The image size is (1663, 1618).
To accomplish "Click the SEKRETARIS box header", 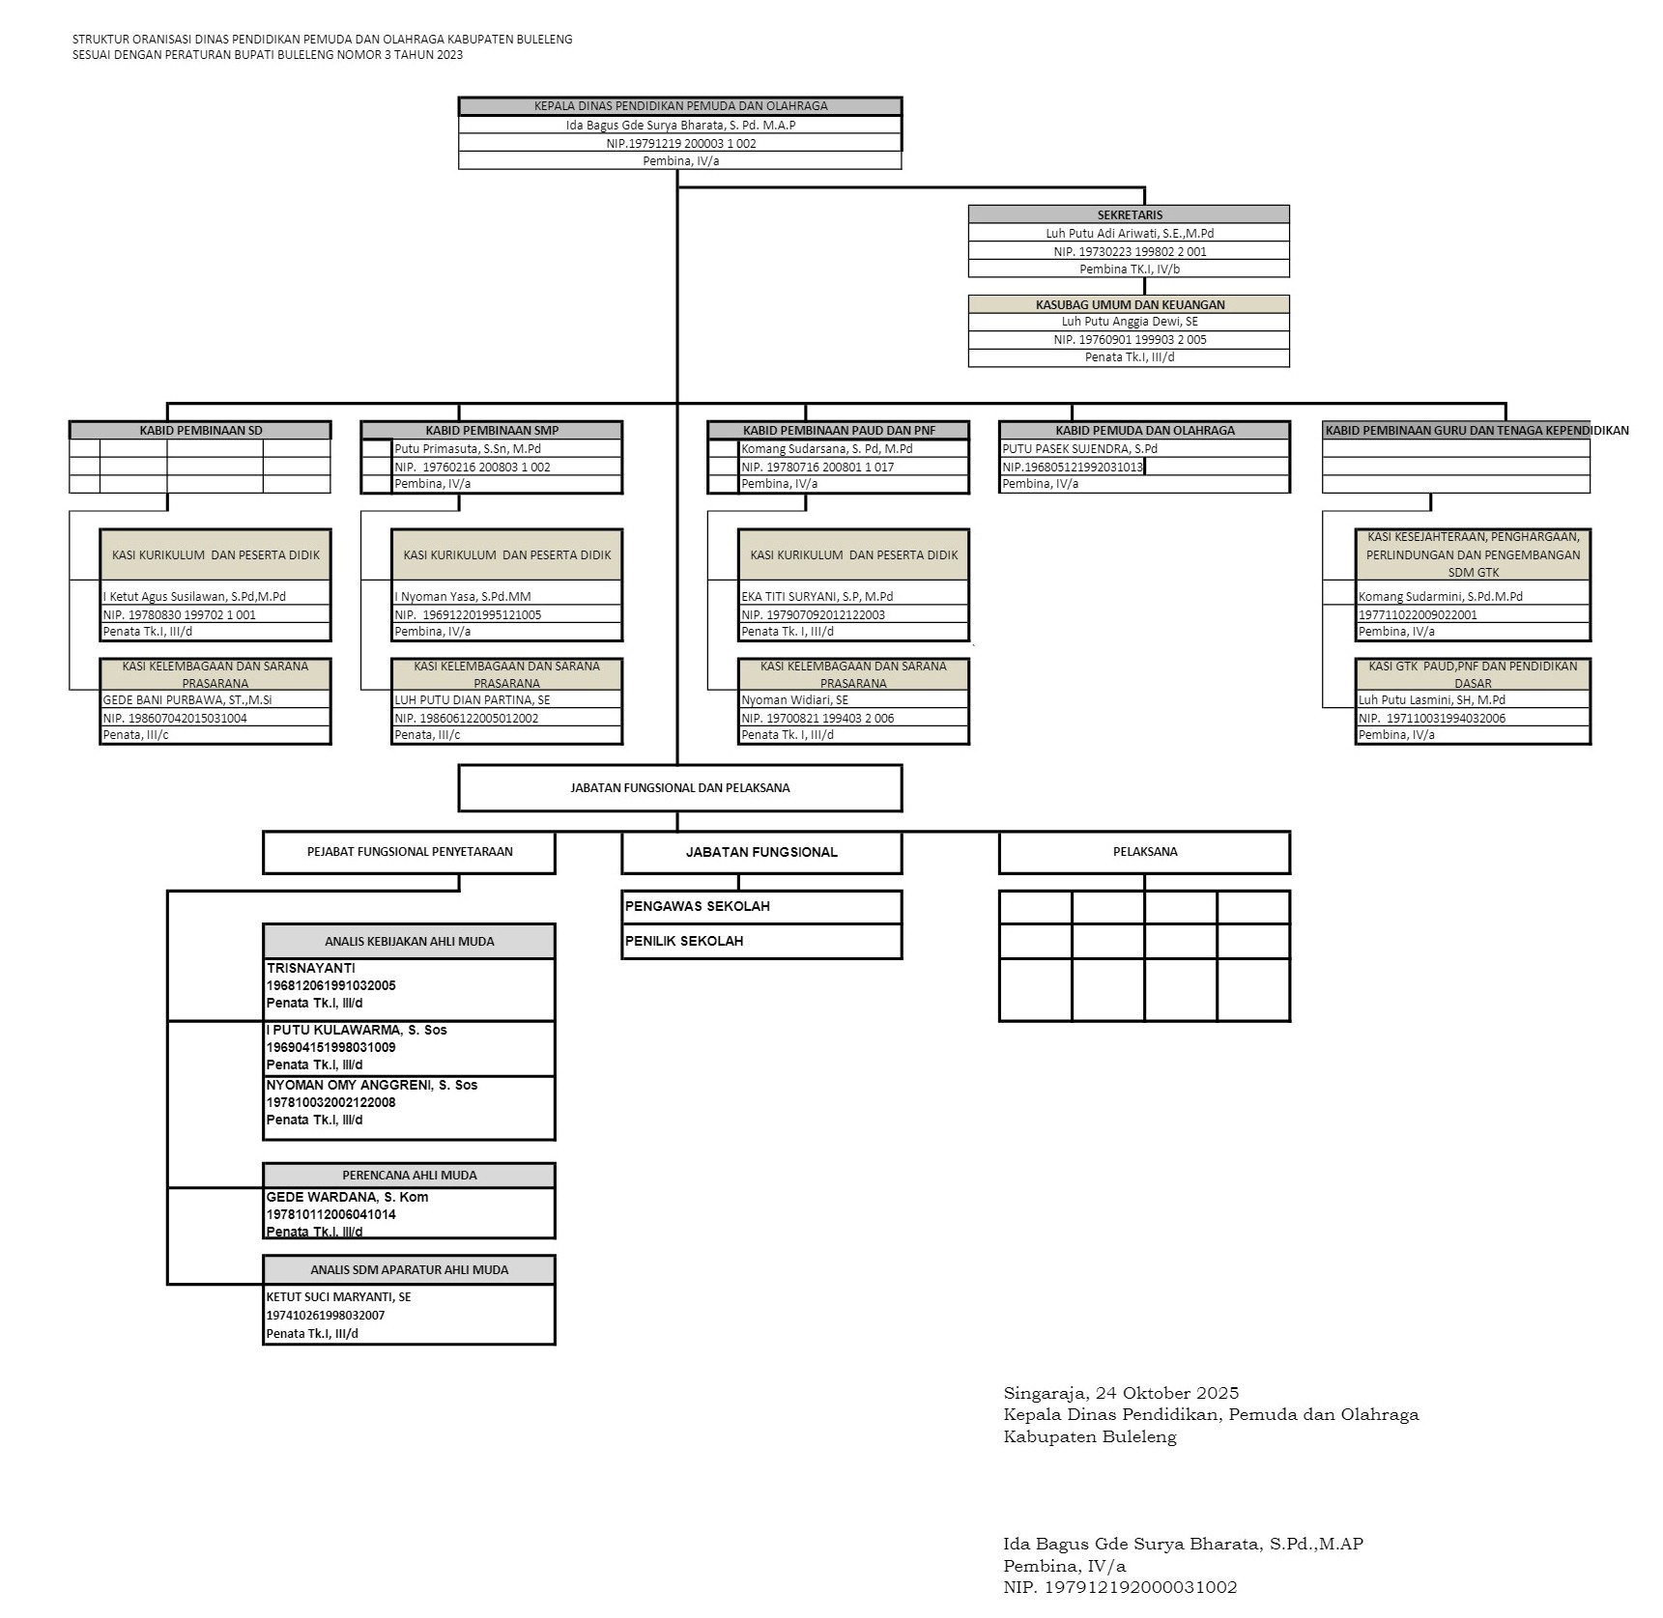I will pyautogui.click(x=1129, y=214).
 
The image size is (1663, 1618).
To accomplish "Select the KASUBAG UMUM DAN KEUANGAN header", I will pyautogui.click(x=1129, y=304).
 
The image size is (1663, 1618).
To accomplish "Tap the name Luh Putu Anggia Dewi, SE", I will pyautogui.click(x=1129, y=322).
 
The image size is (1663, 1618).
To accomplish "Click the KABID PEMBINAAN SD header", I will pyautogui.click(x=200, y=431).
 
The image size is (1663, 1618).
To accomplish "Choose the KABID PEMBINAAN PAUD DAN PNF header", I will pyautogui.click(x=839, y=431).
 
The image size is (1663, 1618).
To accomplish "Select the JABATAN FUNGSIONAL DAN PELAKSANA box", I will pyautogui.click(x=679, y=788).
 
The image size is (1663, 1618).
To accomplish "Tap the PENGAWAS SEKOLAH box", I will pyautogui.click(x=761, y=907).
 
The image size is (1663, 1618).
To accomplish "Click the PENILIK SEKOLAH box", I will pyautogui.click(x=761, y=942).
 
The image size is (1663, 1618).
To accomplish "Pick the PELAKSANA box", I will pyautogui.click(x=1144, y=852).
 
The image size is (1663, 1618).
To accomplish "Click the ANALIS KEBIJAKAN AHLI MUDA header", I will pyautogui.click(x=409, y=942).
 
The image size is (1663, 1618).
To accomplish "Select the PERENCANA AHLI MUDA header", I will pyautogui.click(x=409, y=1176).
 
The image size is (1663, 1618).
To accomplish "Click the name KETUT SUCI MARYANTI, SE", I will pyautogui.click(x=338, y=1297).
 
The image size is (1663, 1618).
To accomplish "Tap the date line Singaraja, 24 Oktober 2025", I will pyautogui.click(x=1121, y=1393).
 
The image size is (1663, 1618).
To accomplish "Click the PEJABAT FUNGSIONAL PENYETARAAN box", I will pyautogui.click(x=409, y=852).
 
